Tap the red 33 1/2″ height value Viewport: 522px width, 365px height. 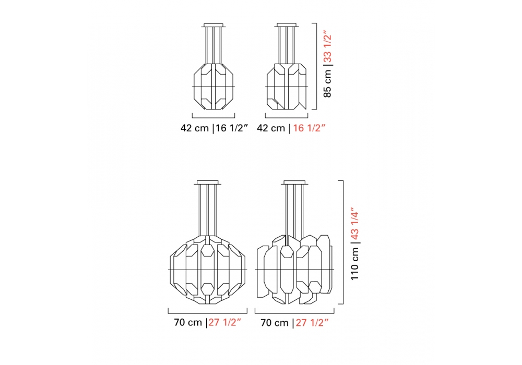(328, 47)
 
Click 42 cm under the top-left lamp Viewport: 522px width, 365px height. (195, 128)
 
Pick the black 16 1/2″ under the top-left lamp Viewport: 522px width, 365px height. (232, 128)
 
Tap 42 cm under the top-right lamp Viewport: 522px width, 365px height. (271, 128)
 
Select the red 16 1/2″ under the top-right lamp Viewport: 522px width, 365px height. (309, 128)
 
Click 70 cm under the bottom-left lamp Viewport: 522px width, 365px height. (188, 322)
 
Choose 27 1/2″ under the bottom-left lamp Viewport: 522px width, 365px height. (224, 322)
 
